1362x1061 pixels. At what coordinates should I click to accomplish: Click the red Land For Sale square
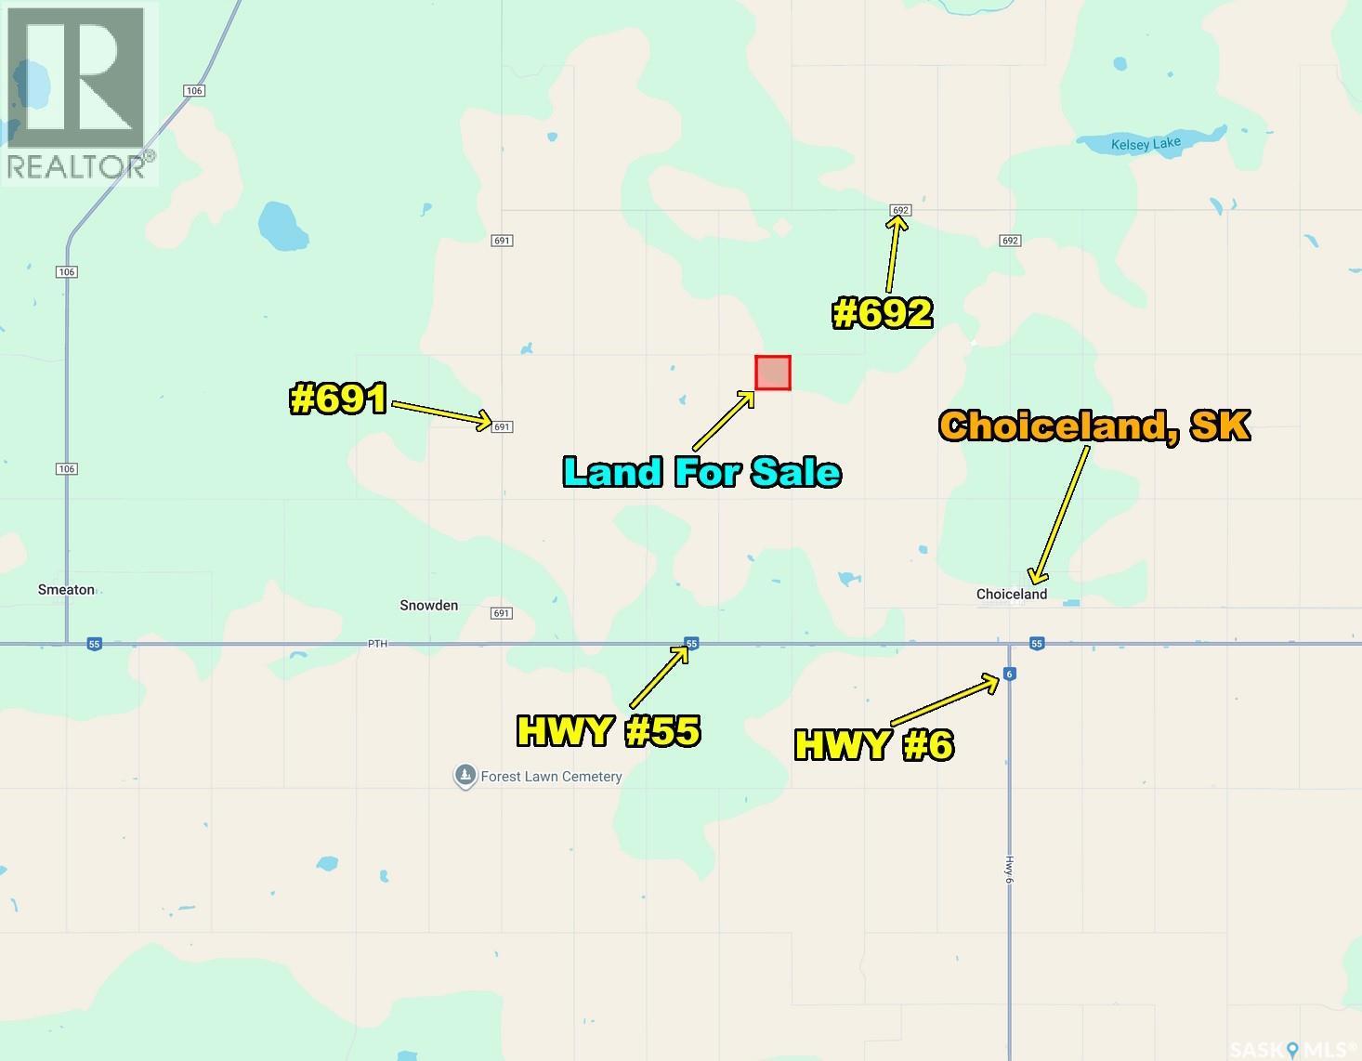pyautogui.click(x=772, y=373)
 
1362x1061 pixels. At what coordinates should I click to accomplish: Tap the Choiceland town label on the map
pyautogui.click(x=1011, y=595)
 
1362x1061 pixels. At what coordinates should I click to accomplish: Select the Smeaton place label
pyautogui.click(x=66, y=590)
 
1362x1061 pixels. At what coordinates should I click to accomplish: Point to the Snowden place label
pyautogui.click(x=428, y=606)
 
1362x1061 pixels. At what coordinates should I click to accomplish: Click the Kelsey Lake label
pyautogui.click(x=1146, y=144)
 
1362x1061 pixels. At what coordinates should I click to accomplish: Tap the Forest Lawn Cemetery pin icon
pyautogui.click(x=465, y=776)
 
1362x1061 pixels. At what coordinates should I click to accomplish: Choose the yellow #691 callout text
pyautogui.click(x=338, y=400)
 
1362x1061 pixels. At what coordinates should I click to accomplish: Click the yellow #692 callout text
pyautogui.click(x=882, y=314)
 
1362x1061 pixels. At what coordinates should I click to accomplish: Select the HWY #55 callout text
pyautogui.click(x=608, y=731)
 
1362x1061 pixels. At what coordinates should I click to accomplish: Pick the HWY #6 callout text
pyautogui.click(x=873, y=745)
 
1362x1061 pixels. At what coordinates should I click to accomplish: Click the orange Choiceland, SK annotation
pyautogui.click(x=1094, y=426)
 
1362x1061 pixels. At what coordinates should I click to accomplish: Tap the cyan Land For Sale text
pyautogui.click(x=701, y=472)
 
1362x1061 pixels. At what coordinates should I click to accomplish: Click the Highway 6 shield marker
pyautogui.click(x=1009, y=675)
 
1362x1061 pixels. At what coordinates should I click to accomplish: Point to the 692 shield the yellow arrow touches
pyautogui.click(x=899, y=210)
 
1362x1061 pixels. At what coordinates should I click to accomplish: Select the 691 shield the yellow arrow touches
pyautogui.click(x=502, y=427)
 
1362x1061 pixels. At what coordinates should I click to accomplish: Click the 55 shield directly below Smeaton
pyautogui.click(x=94, y=644)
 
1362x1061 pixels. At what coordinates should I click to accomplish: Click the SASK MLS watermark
pyautogui.click(x=1292, y=1050)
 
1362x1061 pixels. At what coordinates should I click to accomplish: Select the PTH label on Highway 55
pyautogui.click(x=376, y=643)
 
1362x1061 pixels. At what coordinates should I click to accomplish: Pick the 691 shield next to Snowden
pyautogui.click(x=502, y=613)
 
